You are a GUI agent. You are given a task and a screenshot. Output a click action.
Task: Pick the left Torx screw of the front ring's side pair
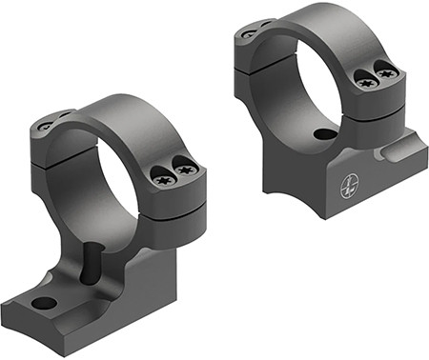[x=161, y=174]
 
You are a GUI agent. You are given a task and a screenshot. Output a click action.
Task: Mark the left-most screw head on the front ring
[x=46, y=125]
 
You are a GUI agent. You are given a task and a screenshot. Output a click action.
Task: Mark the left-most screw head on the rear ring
[x=249, y=33]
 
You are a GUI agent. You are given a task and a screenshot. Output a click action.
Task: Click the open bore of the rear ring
[x=315, y=86]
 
